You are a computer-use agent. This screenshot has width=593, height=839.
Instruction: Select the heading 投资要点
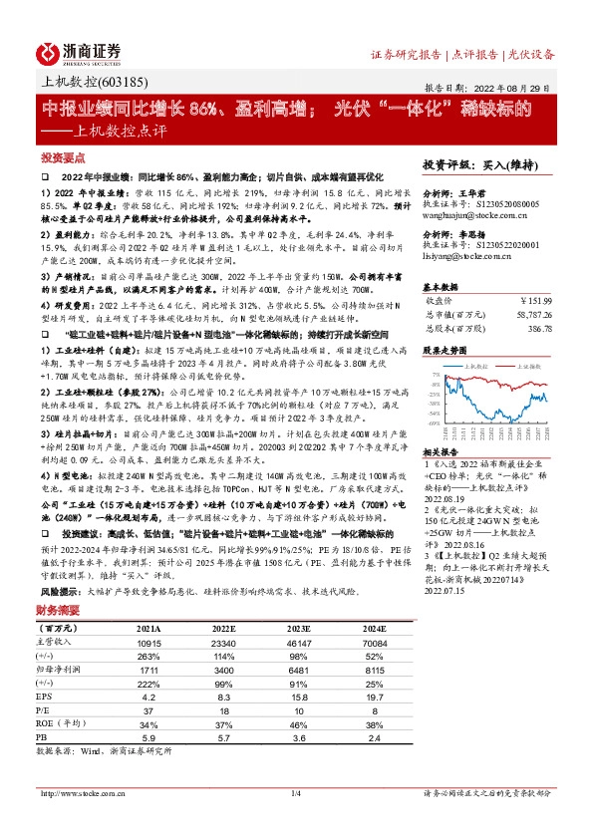click(x=62, y=157)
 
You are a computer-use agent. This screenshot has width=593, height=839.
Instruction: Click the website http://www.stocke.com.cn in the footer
click(x=82, y=793)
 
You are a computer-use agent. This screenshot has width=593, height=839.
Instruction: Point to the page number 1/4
click(x=296, y=793)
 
